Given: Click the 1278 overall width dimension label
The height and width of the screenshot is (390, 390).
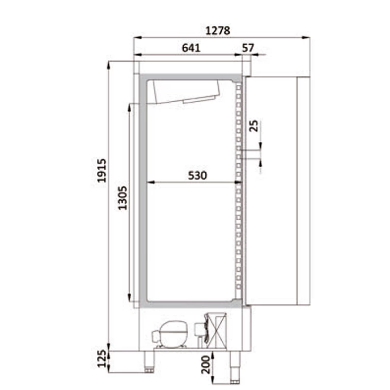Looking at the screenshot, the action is (217, 31).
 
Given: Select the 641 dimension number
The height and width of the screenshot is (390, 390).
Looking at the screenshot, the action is (191, 48).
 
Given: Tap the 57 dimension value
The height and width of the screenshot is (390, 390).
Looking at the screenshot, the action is (248, 48).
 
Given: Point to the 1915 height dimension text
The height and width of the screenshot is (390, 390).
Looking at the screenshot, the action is (102, 170).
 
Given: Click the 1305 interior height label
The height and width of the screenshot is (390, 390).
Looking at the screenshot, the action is (122, 198).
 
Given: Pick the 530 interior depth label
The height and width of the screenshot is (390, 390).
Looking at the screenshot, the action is (197, 175).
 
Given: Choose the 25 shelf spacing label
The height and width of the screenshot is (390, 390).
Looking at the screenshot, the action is (253, 126).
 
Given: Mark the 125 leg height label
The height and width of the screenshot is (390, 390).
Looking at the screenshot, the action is (102, 358).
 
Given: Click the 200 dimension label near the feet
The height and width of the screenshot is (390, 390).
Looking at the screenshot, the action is (206, 365).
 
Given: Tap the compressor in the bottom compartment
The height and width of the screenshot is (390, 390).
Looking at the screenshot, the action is (170, 334).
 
